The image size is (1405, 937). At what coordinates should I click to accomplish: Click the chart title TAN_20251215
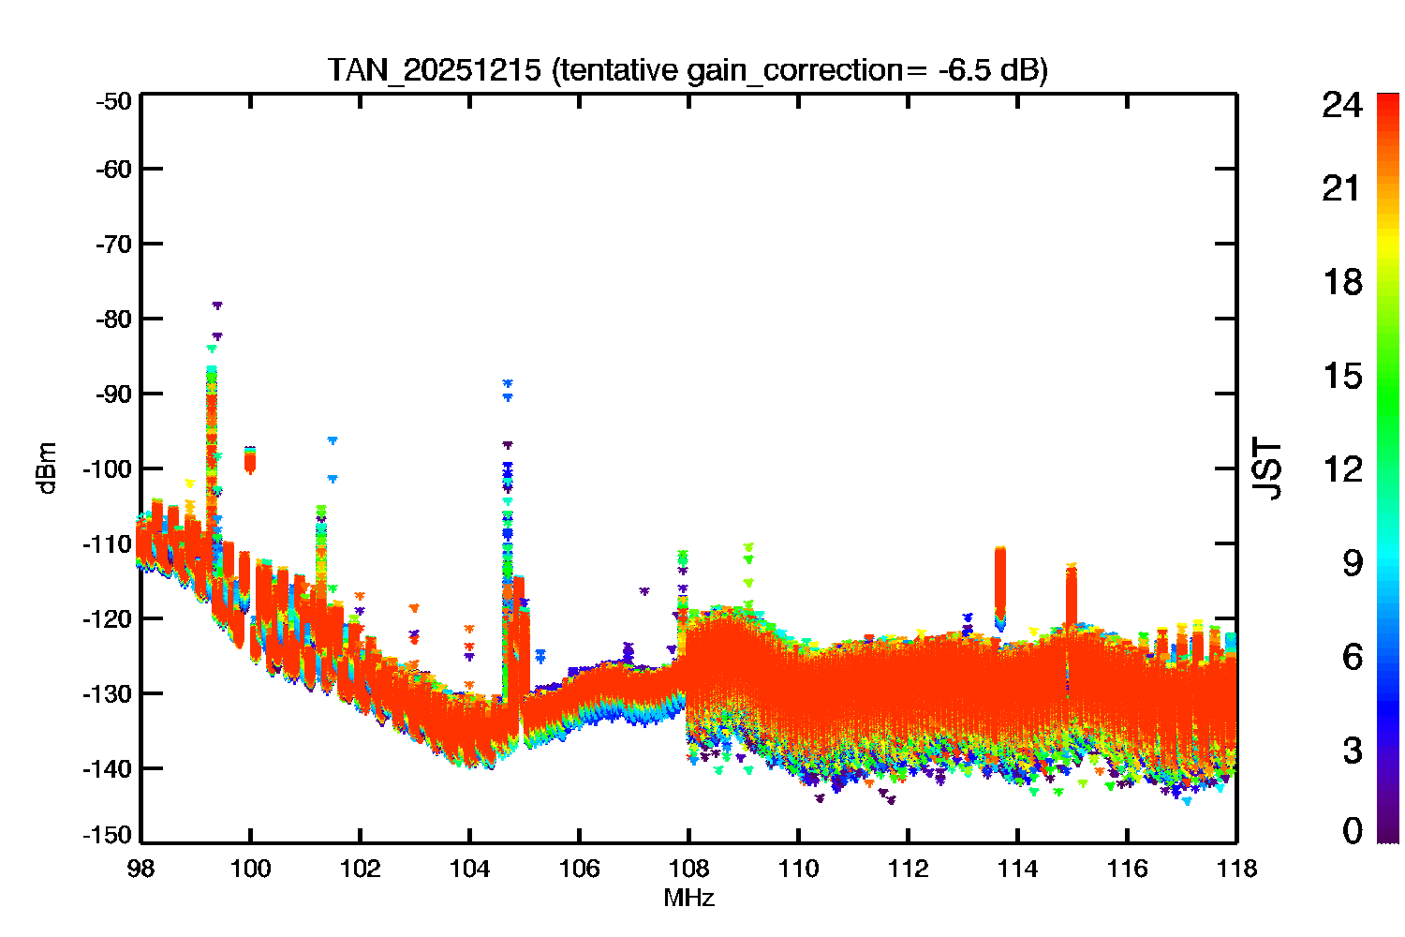tap(434, 69)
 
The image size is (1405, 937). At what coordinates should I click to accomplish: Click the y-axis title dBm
tap(48, 468)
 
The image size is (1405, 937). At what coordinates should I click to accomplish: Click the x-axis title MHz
tap(688, 898)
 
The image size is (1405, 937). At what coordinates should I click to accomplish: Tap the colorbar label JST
tap(1266, 468)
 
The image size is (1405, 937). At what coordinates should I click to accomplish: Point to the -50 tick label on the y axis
tap(113, 101)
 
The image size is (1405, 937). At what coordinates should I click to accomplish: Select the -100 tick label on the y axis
tap(108, 468)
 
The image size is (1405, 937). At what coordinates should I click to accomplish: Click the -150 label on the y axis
tap(108, 835)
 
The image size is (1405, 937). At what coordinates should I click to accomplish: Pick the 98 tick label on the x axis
tap(140, 869)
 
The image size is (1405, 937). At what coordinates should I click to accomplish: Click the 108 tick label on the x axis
tap(688, 869)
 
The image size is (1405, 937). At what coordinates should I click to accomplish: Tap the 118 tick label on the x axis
tap(1237, 869)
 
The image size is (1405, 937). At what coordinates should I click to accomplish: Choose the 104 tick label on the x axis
tap(470, 869)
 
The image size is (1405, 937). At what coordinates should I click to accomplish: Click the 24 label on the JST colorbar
tap(1342, 105)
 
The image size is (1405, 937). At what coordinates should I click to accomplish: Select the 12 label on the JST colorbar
tap(1343, 468)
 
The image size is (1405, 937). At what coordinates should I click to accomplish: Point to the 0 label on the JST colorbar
tap(1353, 830)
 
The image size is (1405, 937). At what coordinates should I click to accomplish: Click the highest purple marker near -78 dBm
tap(217, 305)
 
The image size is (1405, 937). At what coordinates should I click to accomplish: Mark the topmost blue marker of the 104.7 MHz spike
tap(508, 382)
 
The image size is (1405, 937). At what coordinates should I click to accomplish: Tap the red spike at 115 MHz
tap(1072, 595)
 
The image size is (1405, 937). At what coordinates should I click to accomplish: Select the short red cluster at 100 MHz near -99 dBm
tap(250, 461)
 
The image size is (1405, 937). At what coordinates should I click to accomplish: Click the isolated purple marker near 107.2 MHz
tap(644, 590)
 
